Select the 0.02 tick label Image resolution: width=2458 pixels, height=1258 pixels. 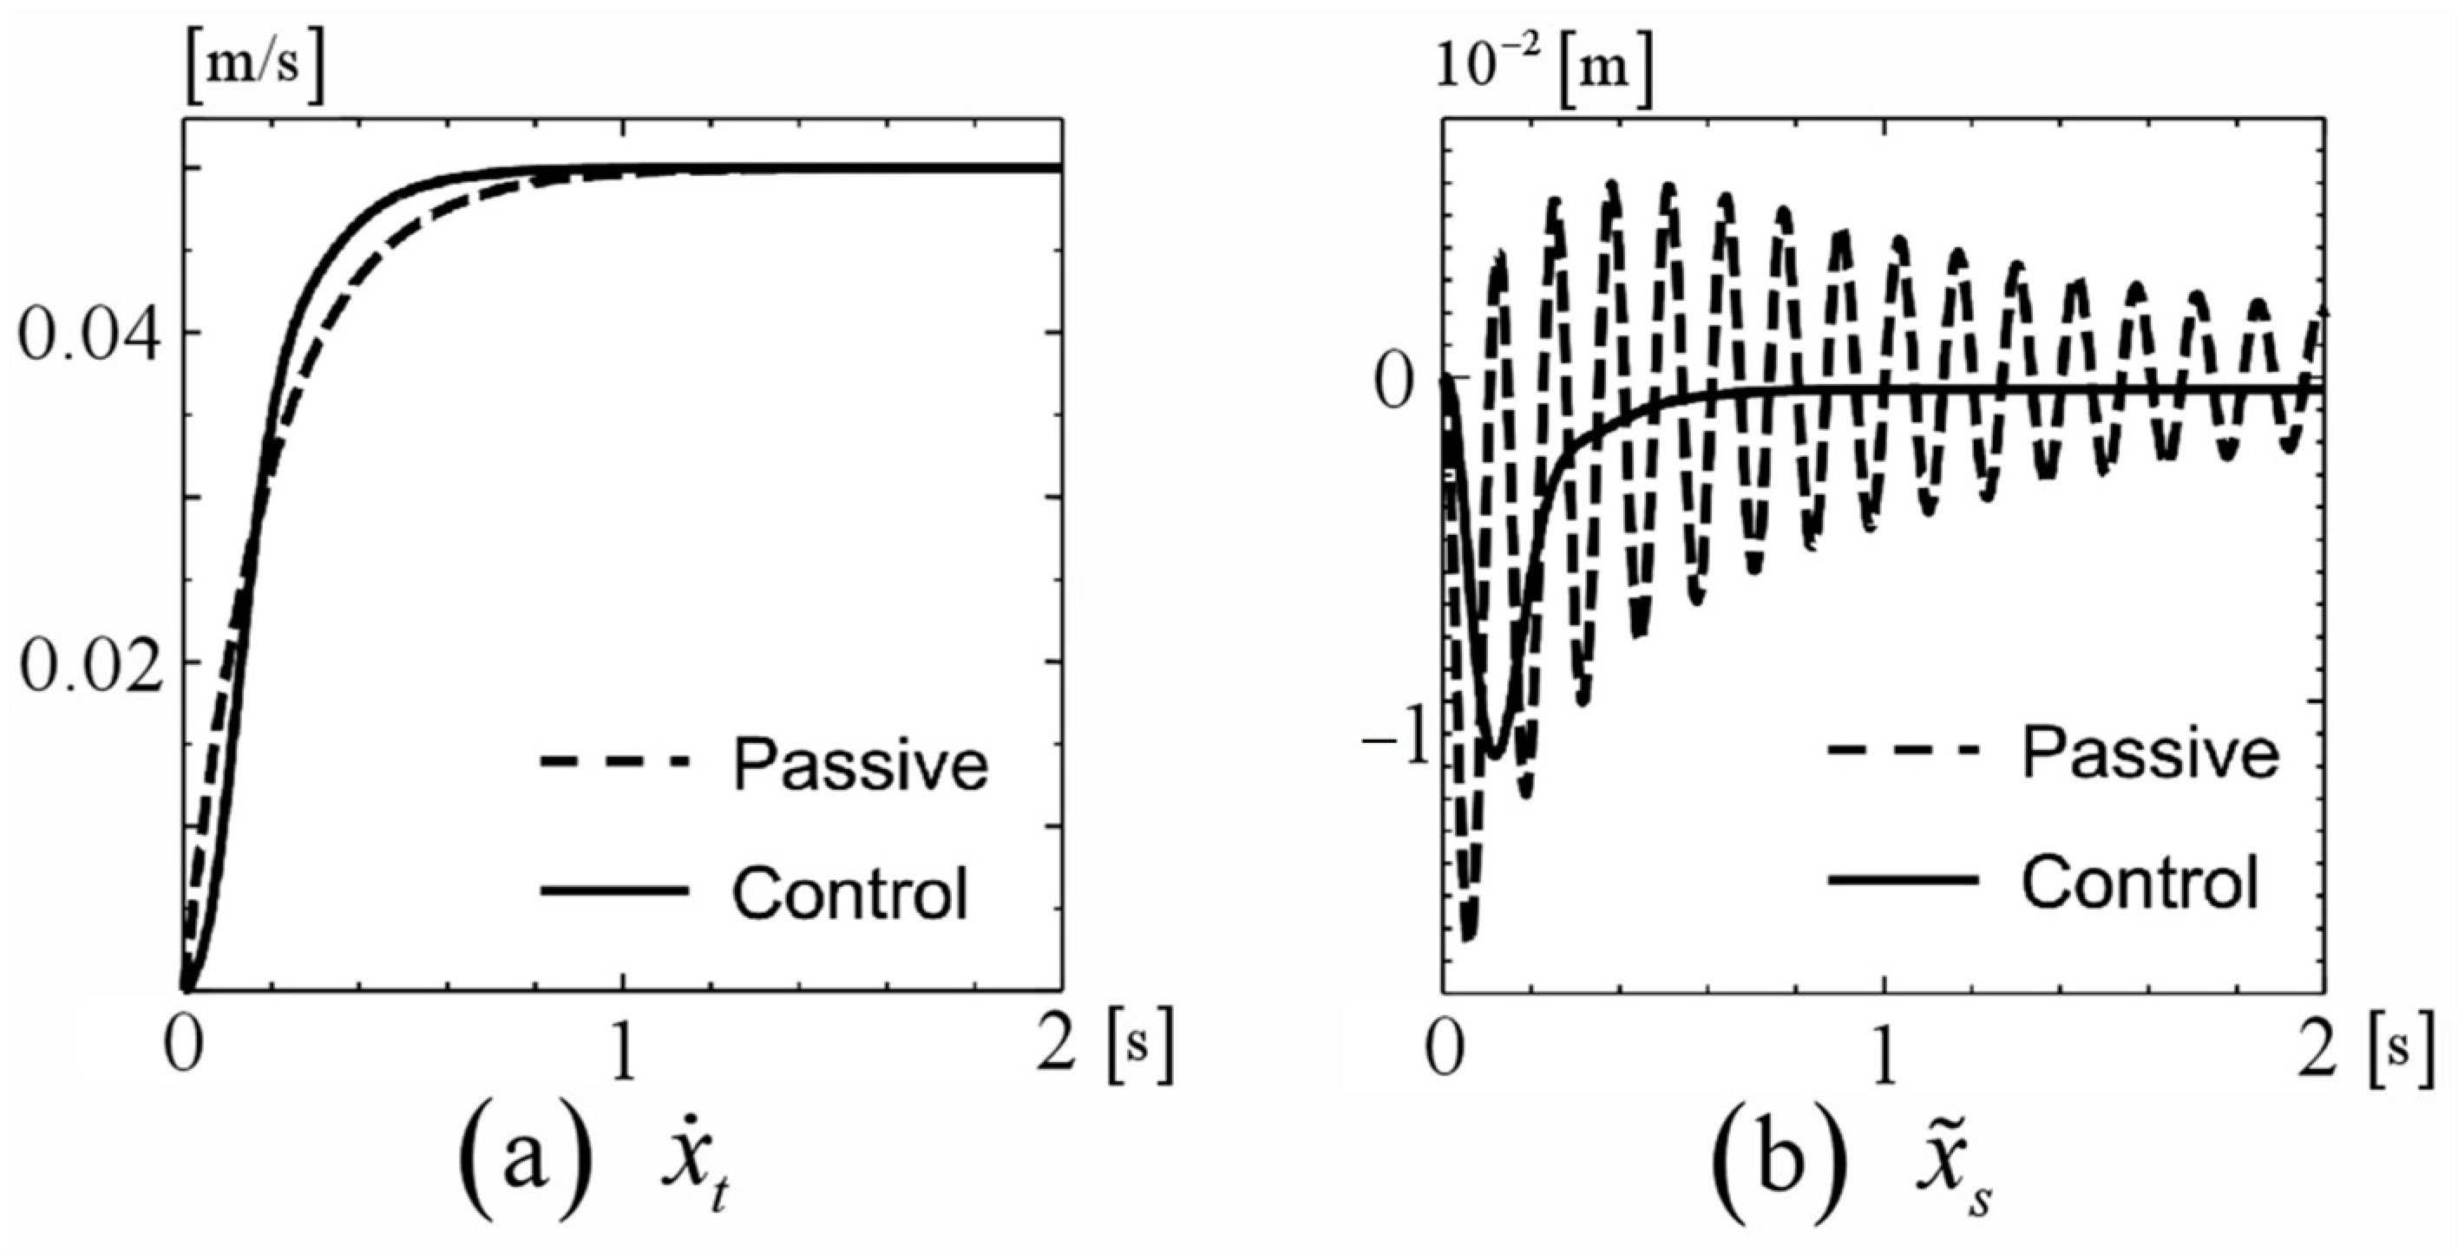pyautogui.click(x=88, y=663)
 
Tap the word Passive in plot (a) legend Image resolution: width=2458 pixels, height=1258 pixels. pyautogui.click(x=860, y=765)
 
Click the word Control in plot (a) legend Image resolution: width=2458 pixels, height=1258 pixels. pyautogui.click(x=849, y=893)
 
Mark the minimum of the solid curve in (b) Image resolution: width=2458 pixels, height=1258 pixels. pyautogui.click(x=1495, y=755)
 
